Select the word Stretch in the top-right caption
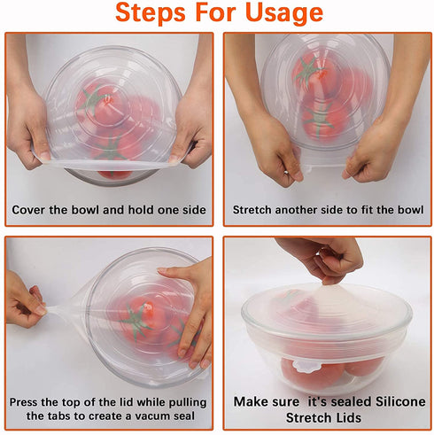[x=256, y=210]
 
